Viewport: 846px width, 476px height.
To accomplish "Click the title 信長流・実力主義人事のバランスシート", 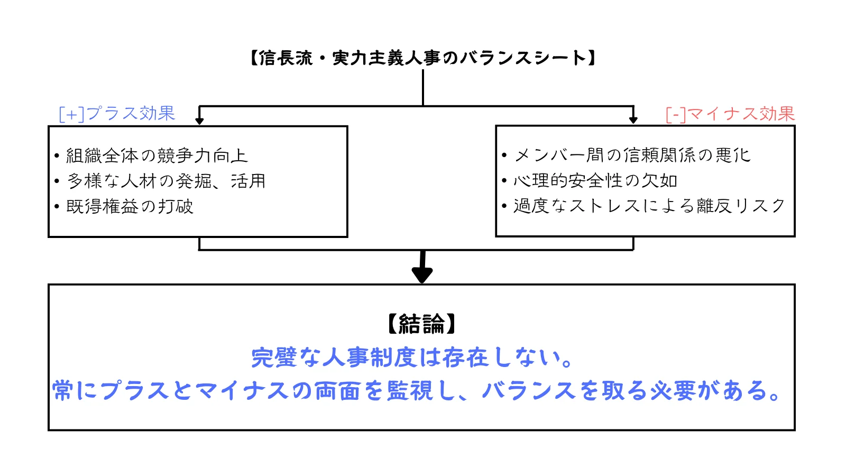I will (422, 58).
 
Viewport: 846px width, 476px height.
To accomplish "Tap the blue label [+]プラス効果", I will (117, 113).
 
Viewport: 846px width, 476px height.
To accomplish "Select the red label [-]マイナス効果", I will (730, 114).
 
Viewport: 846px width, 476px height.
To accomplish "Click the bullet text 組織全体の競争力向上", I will (157, 155).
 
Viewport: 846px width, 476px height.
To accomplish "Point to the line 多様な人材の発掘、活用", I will (166, 181).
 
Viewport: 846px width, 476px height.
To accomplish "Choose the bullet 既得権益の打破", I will (130, 206).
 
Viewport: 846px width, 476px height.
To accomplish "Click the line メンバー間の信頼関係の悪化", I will (632, 155).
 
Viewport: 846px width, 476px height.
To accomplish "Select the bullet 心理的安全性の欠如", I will (595, 180).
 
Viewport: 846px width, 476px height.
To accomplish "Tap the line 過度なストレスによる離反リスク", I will (649, 206).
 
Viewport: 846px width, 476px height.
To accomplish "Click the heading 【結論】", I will (421, 324).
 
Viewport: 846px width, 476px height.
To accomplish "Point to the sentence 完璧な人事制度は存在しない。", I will (412, 358).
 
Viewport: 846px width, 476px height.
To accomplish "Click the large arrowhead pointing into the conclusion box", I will (422, 274).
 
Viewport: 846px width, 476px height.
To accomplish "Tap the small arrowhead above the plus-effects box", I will (199, 120).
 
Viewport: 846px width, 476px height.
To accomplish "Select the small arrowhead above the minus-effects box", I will (633, 120).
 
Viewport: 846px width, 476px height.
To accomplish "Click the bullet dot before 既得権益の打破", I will (57, 207).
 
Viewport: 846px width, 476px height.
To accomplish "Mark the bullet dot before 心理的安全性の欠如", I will (504, 181).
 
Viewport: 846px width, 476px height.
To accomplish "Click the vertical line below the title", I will (423, 87).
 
